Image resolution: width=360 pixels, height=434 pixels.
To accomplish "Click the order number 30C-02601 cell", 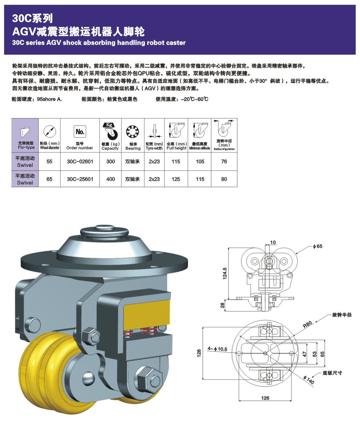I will tap(80, 161).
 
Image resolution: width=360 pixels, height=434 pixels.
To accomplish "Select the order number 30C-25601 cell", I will tap(80, 179).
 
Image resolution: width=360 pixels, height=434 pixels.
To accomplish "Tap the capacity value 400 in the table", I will tap(110, 179).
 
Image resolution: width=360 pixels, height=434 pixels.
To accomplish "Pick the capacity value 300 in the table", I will tap(110, 161).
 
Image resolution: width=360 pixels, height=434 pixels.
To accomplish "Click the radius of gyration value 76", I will tap(224, 161).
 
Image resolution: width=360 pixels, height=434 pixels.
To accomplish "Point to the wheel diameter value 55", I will tap(50, 161).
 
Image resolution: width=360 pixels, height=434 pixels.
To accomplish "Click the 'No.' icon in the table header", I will tap(80, 131).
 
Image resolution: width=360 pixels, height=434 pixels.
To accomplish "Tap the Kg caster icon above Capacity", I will tap(110, 130).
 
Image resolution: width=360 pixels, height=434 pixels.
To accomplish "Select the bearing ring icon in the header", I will tap(132, 131).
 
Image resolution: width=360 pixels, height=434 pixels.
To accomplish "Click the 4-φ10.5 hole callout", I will tap(218, 349).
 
